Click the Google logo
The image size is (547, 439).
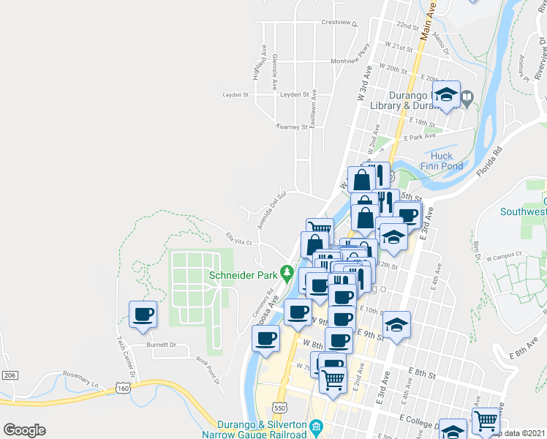(x=24, y=430)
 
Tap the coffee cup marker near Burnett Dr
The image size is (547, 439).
(x=143, y=315)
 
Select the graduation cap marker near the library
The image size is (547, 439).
(x=446, y=95)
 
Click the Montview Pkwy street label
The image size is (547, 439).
(x=350, y=61)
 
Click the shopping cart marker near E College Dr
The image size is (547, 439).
(x=486, y=421)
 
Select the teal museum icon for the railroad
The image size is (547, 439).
(x=317, y=426)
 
